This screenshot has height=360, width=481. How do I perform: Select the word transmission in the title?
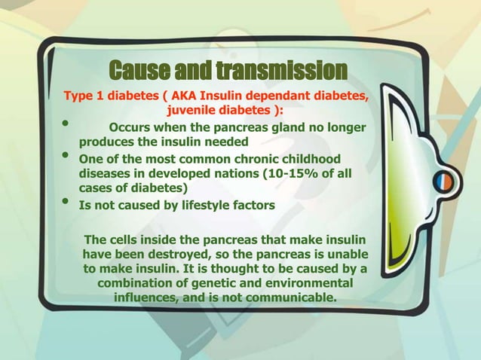point(281,72)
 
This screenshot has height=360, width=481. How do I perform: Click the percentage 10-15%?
point(286,173)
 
